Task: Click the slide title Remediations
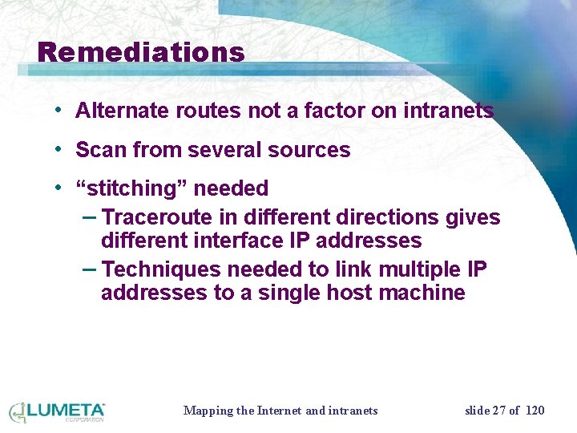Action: click(x=141, y=53)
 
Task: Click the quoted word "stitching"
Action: click(x=131, y=189)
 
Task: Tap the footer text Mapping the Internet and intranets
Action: click(x=280, y=411)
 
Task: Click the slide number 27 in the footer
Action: click(x=499, y=411)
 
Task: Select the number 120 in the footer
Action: click(x=534, y=411)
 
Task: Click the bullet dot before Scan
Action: click(x=59, y=149)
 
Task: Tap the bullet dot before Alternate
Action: click(x=59, y=110)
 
